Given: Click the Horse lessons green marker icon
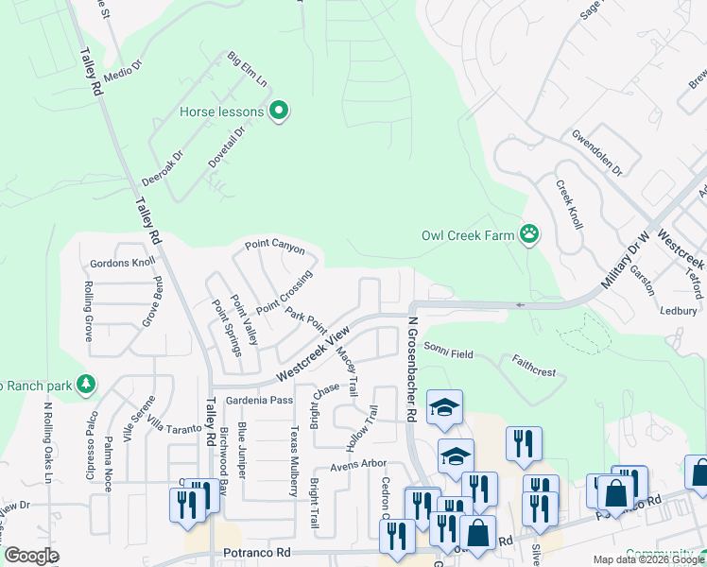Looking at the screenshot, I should pos(278,112).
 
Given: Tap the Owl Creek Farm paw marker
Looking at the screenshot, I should pos(528,235).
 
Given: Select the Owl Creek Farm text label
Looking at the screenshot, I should pos(468,235).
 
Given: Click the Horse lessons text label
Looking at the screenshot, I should pos(221,112).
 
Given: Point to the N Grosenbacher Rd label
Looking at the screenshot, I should pos(412,369).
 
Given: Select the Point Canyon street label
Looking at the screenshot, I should pos(275,247).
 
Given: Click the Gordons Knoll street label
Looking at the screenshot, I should pos(122,263).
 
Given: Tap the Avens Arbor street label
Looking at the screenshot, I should pos(358,464).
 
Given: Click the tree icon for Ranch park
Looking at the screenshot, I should pos(86,384).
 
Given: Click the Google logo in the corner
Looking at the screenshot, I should pos(30,556).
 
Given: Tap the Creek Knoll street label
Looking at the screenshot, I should pos(569,204).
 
